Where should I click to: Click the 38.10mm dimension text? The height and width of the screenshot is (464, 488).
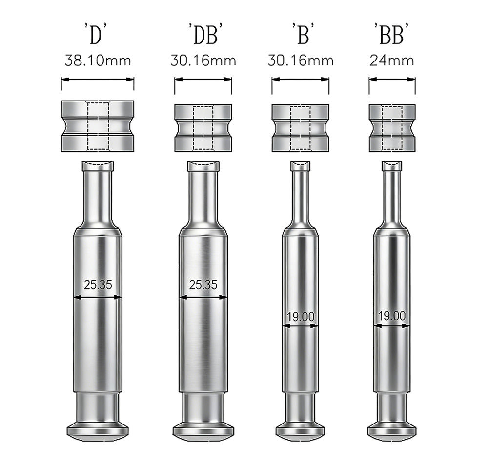[x=98, y=61]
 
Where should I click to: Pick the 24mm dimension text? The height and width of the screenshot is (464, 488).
[x=392, y=61]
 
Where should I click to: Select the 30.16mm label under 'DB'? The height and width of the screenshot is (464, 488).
[x=203, y=61]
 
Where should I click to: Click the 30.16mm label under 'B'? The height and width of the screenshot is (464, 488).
[x=301, y=61]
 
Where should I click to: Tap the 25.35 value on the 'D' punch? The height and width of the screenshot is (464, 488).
[x=98, y=285]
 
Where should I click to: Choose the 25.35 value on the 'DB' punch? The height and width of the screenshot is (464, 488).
[x=203, y=285]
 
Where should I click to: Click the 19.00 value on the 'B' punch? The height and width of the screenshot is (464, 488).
[x=301, y=316]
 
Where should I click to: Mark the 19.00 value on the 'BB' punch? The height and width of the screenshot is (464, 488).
[x=392, y=316]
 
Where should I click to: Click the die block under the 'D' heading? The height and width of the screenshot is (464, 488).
[x=98, y=125]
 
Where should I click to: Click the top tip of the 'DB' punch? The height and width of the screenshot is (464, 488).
[x=203, y=166]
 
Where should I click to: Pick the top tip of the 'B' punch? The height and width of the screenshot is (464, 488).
[x=301, y=166]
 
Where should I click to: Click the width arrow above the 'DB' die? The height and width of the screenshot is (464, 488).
[x=203, y=80]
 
